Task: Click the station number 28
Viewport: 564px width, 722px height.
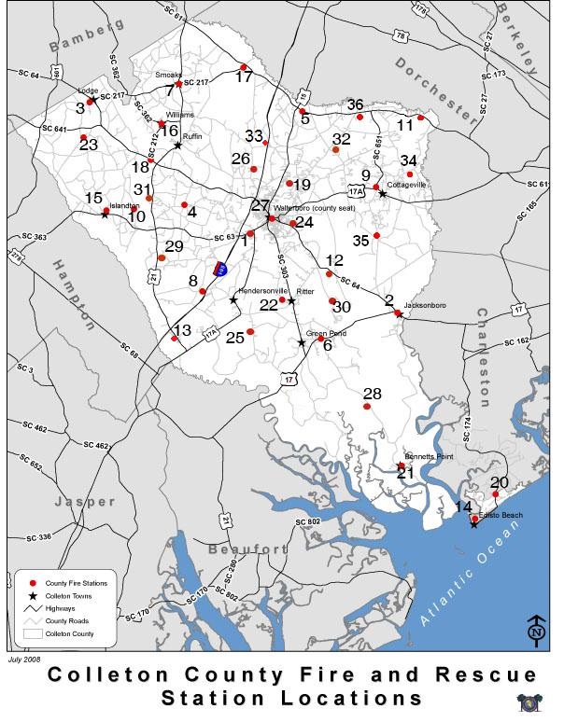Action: pos(372,394)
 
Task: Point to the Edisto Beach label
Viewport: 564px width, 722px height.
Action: pos(501,516)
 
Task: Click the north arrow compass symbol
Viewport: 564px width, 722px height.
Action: pos(536,629)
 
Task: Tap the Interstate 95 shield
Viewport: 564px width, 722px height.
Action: pos(219,269)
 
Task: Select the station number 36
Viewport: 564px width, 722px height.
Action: pos(355,104)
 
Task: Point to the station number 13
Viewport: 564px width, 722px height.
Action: pos(182,330)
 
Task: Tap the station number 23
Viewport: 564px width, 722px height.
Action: pos(89,145)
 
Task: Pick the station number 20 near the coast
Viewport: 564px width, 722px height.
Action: pos(500,482)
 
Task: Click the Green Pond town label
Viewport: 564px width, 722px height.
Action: pos(327,333)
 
